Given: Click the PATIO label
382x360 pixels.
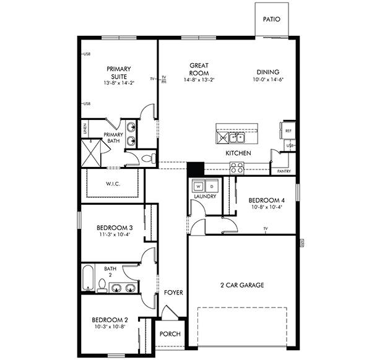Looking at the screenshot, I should [x=271, y=19].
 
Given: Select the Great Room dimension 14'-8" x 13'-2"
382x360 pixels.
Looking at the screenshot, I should [x=199, y=80].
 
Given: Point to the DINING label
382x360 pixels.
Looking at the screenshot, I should [x=267, y=72].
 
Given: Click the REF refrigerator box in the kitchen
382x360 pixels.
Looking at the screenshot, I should [x=288, y=131].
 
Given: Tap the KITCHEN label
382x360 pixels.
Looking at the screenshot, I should [x=238, y=153].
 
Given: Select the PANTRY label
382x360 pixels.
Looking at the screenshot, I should [x=284, y=171].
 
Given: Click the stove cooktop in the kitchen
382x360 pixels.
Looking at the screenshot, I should [x=237, y=166].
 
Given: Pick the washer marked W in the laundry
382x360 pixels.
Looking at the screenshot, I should [x=199, y=186].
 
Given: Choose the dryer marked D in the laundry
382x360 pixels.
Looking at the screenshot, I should [x=211, y=186].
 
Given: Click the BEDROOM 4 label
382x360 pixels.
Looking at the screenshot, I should [x=267, y=200].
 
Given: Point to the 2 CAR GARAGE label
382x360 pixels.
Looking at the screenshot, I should [x=243, y=285].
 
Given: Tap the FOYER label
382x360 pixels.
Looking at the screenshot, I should [x=173, y=293].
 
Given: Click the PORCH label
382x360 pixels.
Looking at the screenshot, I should [x=170, y=334].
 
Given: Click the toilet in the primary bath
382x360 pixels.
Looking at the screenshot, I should [x=147, y=159].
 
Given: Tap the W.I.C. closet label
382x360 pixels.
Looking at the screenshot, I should [x=112, y=183].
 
